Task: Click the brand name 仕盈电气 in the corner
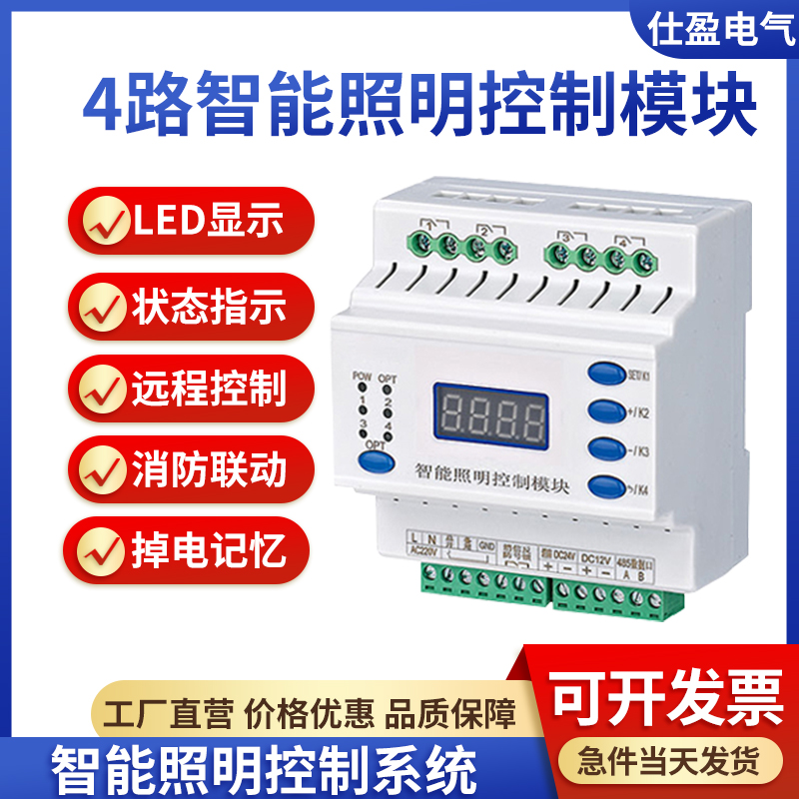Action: (x=719, y=31)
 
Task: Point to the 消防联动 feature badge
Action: (x=190, y=470)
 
